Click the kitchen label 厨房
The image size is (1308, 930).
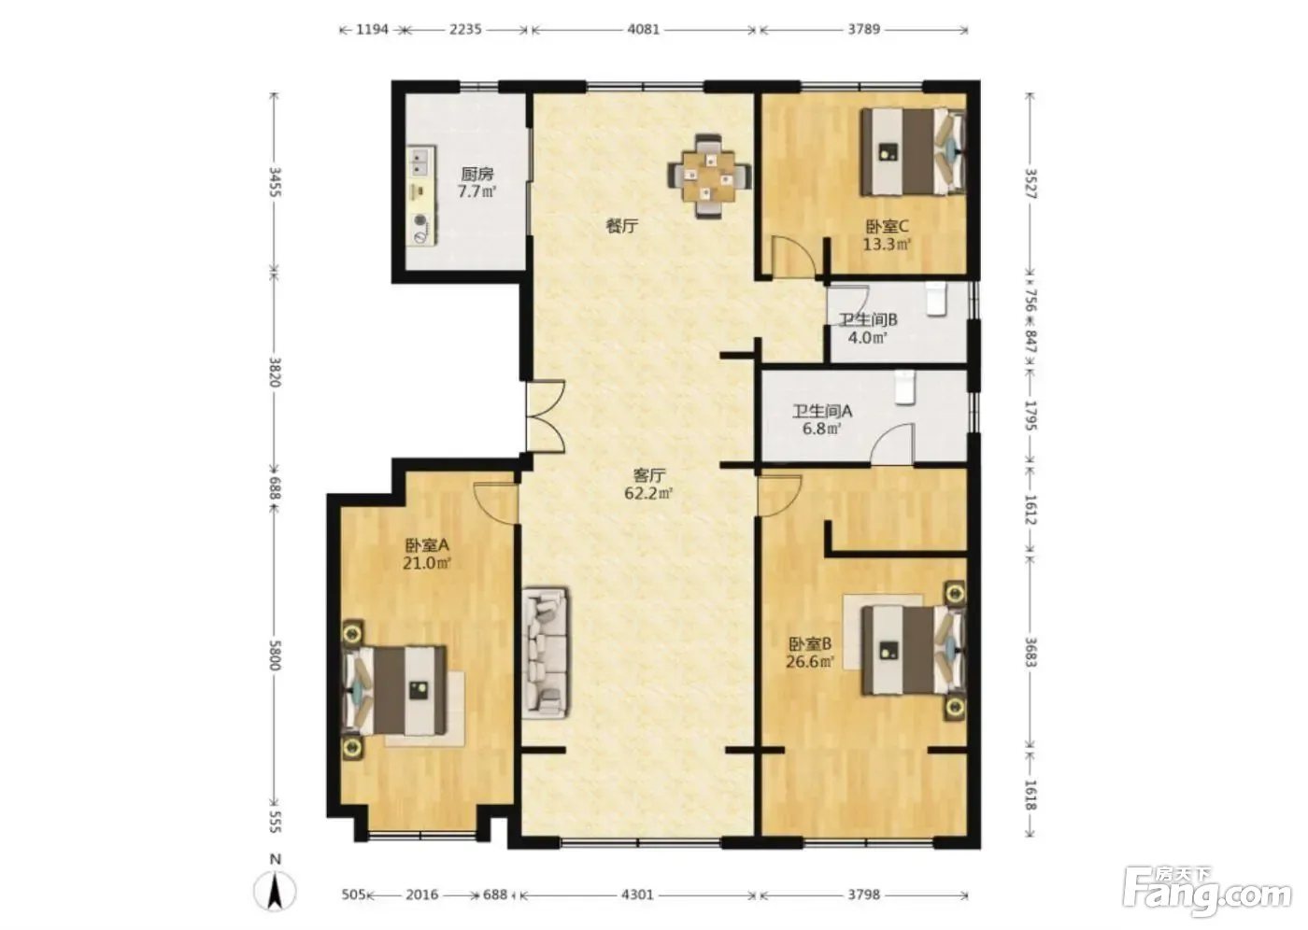click(477, 174)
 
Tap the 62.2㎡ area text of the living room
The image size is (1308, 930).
click(648, 494)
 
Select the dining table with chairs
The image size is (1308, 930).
click(709, 176)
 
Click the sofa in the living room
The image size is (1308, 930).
click(546, 653)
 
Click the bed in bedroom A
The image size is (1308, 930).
click(394, 690)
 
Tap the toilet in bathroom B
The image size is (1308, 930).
click(935, 300)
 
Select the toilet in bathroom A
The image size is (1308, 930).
click(904, 387)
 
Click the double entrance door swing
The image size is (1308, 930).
click(546, 416)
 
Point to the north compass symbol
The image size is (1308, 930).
click(275, 887)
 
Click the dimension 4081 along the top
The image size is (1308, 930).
click(643, 29)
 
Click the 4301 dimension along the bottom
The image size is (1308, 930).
click(637, 895)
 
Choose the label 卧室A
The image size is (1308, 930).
click(427, 545)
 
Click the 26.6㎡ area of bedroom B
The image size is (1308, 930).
click(809, 662)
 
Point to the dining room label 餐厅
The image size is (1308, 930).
click(622, 226)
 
